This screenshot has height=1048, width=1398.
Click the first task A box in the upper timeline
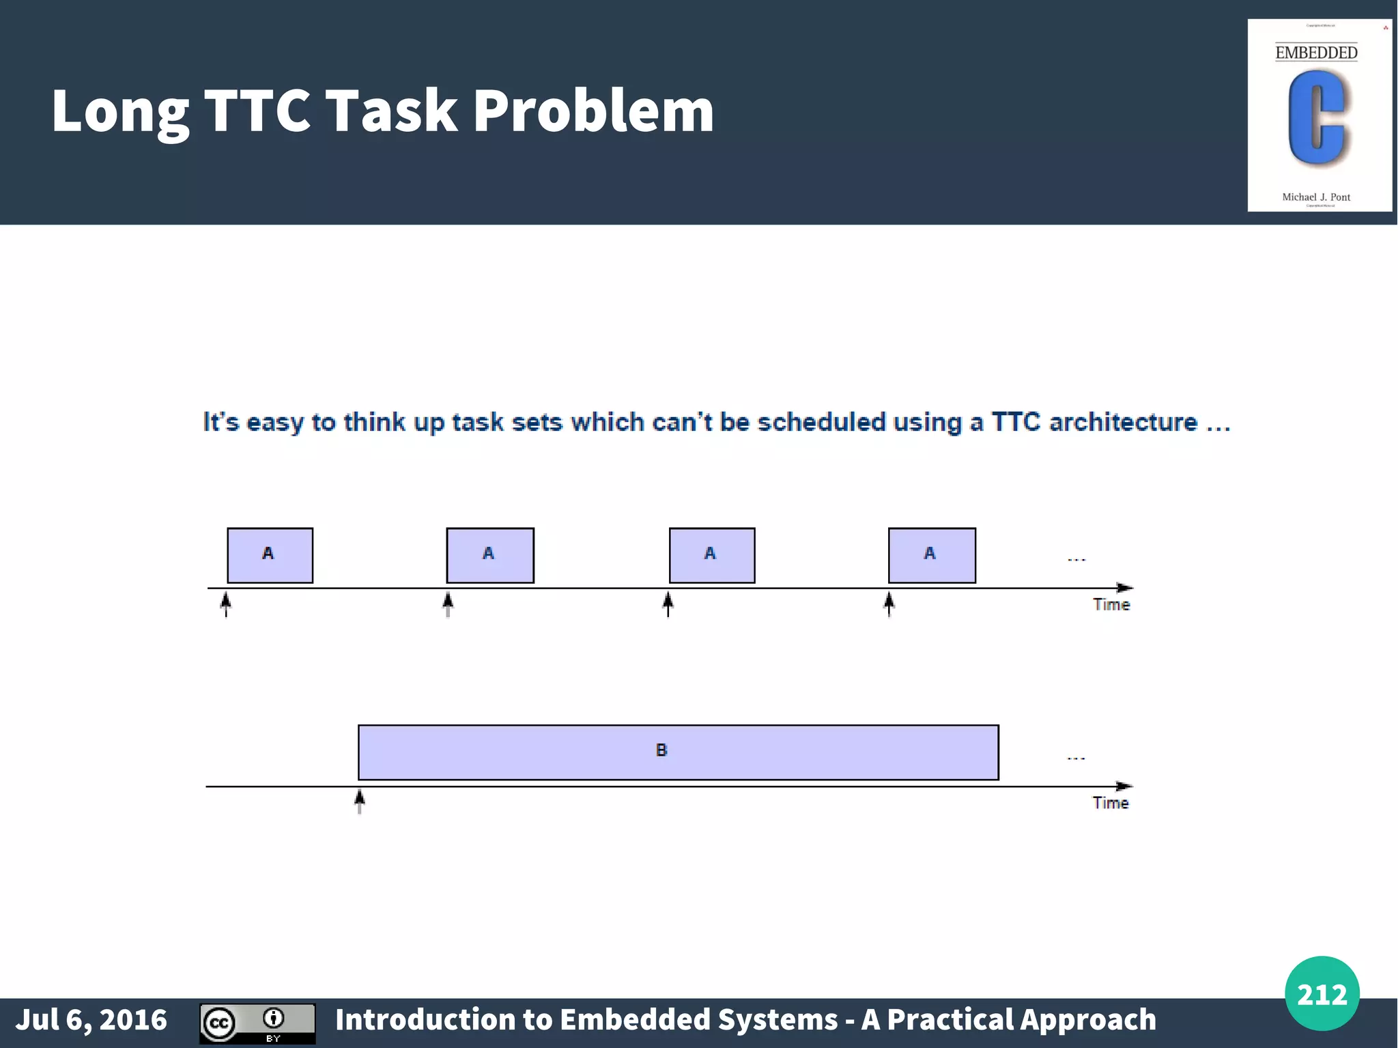point(270,555)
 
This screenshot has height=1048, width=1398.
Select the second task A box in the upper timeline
point(489,555)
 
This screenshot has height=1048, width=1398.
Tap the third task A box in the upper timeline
point(711,555)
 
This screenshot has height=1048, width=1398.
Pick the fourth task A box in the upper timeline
point(931,555)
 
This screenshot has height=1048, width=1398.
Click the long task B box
point(678,752)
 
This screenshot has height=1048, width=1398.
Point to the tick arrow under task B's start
point(360,801)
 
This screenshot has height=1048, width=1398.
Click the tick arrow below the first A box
point(226,604)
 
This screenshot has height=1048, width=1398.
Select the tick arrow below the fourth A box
point(889,604)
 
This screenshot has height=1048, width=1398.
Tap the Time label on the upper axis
point(1111,605)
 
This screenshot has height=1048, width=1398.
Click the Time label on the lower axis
point(1110,803)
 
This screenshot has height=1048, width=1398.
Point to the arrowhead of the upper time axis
point(1124,588)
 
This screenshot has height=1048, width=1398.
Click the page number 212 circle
point(1322,993)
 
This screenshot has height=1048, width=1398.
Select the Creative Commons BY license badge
point(257,1023)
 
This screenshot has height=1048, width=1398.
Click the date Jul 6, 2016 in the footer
point(91,1019)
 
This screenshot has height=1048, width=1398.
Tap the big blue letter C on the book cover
point(1317,118)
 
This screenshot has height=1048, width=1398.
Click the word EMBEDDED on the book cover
point(1316,53)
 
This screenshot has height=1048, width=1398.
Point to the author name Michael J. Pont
point(1315,197)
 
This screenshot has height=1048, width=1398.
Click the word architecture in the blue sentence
point(1123,423)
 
